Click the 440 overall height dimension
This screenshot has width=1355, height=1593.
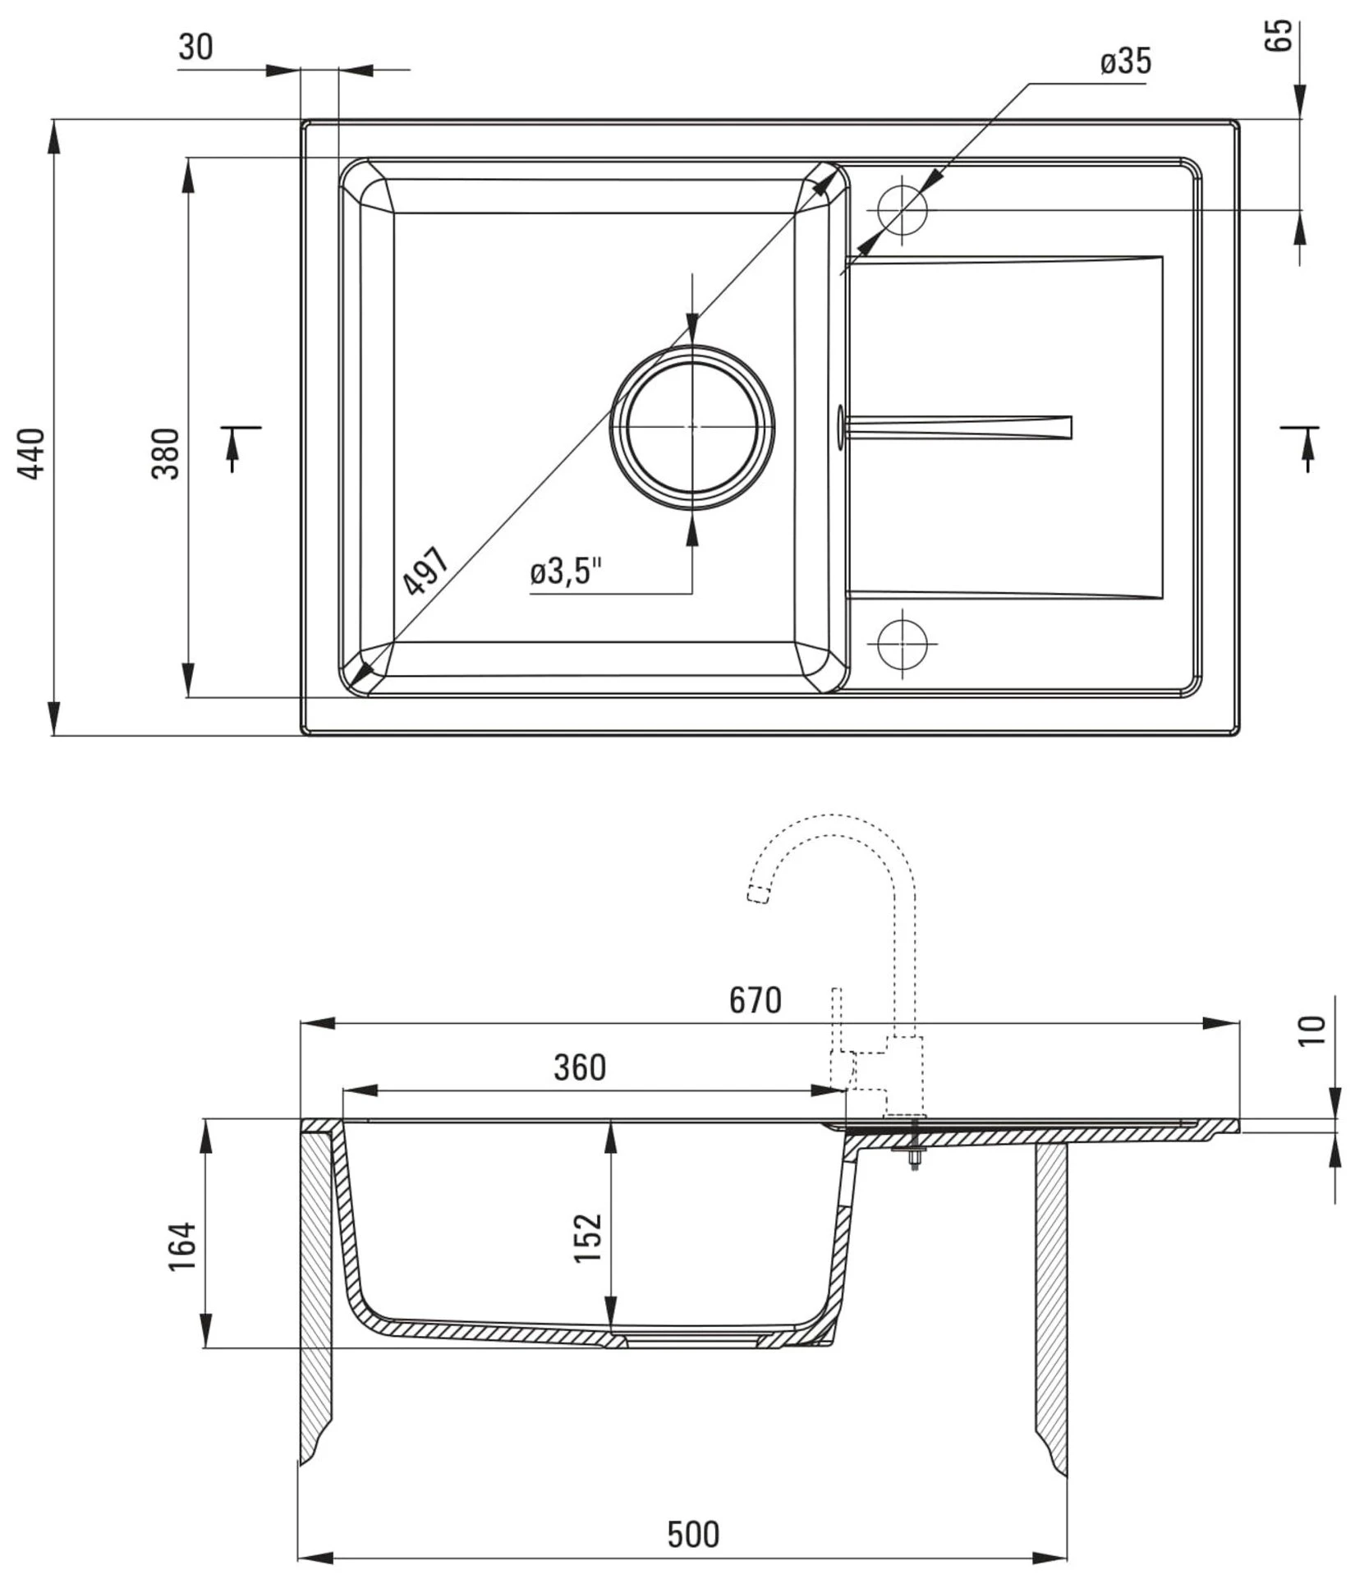[x=33, y=453]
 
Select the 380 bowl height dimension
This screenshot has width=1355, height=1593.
[x=166, y=453]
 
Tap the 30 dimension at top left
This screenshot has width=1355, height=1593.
[x=195, y=48]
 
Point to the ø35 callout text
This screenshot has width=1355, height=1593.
[x=1126, y=62]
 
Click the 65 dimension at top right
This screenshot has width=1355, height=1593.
[x=1279, y=36]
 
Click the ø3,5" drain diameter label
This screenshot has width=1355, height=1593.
[x=566, y=572]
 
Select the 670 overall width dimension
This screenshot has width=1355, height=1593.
[x=755, y=1000]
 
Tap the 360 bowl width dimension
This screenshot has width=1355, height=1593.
[x=579, y=1067]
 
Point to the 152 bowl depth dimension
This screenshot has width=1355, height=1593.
[x=589, y=1237]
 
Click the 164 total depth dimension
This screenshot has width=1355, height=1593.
[x=182, y=1246]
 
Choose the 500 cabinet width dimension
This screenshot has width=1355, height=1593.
[x=692, y=1534]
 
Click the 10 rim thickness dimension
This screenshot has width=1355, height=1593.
[x=1312, y=1030]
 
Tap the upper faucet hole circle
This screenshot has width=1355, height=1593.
[x=902, y=209]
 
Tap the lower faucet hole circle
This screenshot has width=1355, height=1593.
[x=902, y=643]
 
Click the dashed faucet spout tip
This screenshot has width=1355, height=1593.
[x=758, y=895]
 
